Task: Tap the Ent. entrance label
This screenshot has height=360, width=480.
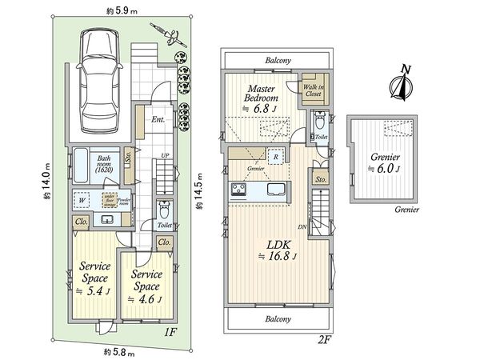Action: (158, 119)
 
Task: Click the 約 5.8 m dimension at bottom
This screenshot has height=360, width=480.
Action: (117, 352)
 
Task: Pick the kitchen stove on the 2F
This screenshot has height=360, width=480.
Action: (239, 190)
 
